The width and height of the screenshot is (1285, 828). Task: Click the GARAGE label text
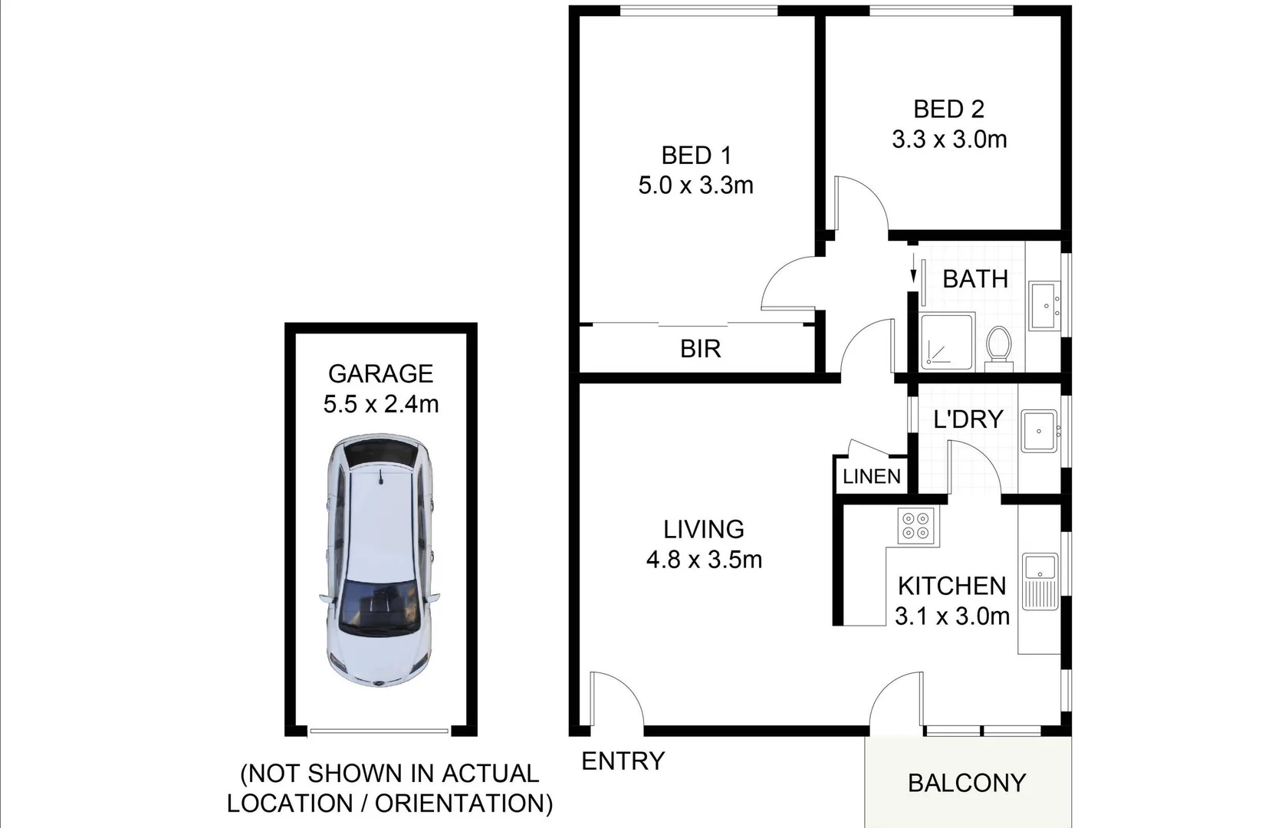(380, 373)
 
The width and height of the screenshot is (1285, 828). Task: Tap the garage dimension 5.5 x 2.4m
(380, 404)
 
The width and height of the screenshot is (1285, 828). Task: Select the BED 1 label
(696, 156)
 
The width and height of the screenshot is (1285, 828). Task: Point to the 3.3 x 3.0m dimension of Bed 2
(949, 140)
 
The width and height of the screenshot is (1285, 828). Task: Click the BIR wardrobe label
(700, 349)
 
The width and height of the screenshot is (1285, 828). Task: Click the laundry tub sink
(1039, 431)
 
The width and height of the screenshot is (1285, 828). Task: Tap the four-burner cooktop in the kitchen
(917, 526)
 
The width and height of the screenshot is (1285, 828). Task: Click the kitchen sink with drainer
(1040, 580)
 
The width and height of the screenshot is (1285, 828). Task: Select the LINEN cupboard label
(872, 477)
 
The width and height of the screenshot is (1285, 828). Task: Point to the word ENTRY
(623, 761)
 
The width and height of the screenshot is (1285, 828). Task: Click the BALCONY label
(966, 783)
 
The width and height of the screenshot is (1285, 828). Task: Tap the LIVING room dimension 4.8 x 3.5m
(704, 560)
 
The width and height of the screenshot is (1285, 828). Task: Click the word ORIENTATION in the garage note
(463, 803)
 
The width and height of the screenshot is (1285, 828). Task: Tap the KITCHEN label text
(951, 586)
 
